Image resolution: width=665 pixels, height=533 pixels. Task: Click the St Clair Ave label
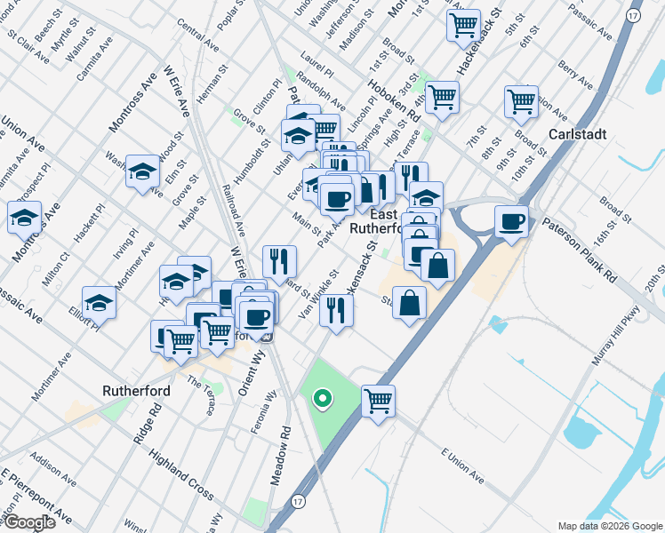pos(25,46)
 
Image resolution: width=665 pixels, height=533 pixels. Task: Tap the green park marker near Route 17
pos(324,400)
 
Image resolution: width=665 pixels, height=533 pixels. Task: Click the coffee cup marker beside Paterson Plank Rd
pos(511,221)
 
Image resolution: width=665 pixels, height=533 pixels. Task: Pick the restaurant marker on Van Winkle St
pos(336,309)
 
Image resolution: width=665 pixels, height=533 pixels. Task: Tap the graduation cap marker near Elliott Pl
pos(100,302)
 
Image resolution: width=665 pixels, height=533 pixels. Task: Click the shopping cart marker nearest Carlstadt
pos(520,100)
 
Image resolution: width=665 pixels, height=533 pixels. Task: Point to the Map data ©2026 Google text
pos(610,526)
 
